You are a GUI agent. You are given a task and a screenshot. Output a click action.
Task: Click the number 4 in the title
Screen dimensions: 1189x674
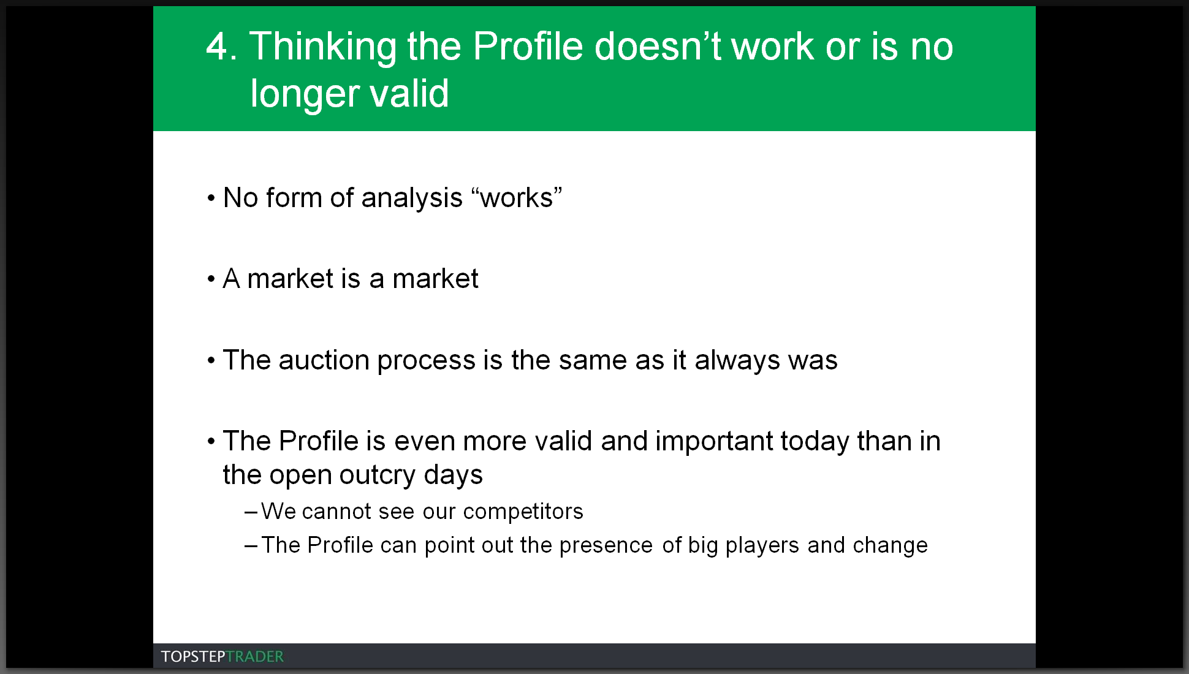218,47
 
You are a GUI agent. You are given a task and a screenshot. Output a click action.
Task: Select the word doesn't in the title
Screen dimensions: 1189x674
658,46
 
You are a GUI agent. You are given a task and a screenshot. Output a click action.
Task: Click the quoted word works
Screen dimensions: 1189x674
517,198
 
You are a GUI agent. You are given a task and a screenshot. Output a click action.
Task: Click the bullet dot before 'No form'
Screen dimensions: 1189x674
211,199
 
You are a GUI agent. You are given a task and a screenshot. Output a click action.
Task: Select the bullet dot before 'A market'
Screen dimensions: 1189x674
211,279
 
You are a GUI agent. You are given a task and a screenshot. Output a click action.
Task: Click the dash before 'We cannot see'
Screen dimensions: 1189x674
251,512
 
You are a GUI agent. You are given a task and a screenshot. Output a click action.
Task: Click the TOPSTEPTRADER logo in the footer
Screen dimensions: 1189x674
222,657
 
